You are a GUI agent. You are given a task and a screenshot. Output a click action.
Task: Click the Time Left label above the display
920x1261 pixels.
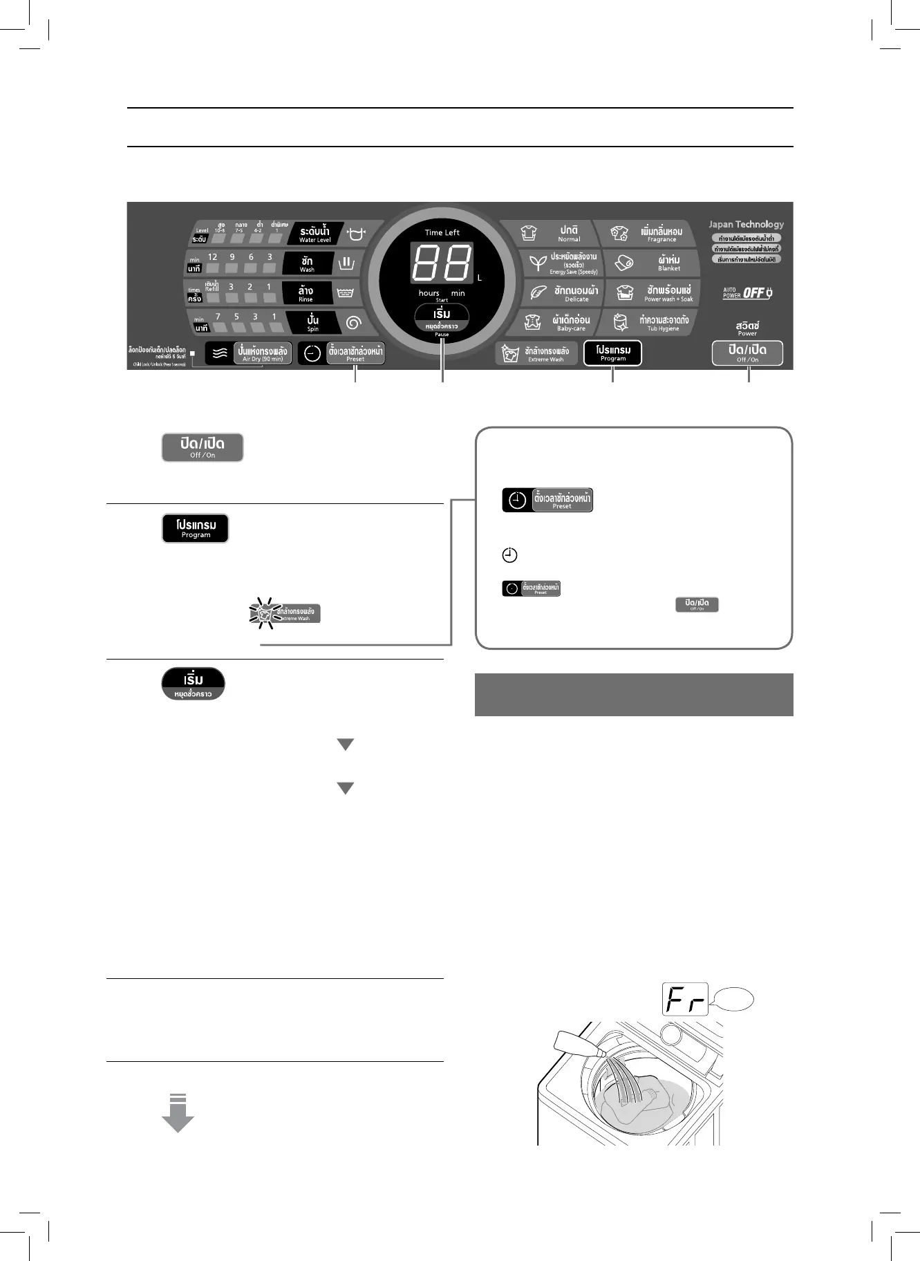point(442,232)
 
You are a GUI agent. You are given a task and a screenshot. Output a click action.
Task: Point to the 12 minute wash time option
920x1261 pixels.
point(213,263)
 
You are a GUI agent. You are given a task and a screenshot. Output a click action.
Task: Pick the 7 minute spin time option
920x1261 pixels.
point(218,322)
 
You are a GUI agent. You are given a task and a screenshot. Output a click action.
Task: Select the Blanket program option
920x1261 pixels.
point(653,263)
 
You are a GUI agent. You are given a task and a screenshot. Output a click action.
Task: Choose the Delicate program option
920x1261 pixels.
point(561,293)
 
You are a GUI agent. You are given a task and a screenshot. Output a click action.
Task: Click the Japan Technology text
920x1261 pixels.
point(746,224)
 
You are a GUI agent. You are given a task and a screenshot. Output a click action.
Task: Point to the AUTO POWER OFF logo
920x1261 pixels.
point(747,293)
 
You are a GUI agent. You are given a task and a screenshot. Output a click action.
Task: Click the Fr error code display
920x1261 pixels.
point(685,999)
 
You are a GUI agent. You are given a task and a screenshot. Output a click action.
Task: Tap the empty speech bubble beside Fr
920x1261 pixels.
point(733,1000)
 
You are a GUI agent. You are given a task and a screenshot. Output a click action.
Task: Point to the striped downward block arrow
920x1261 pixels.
point(178,1112)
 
